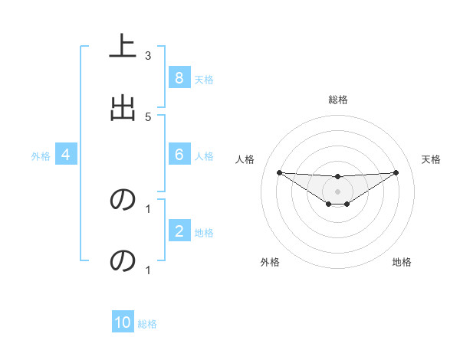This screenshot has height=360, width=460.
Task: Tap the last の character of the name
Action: click(x=123, y=260)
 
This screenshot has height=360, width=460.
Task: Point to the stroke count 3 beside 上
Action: click(x=148, y=56)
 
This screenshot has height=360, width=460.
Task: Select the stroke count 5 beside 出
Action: click(x=148, y=116)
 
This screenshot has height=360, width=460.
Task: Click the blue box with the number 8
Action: click(x=179, y=78)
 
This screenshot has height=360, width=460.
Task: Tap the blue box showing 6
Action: click(x=179, y=155)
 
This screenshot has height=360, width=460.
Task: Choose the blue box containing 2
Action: click(x=179, y=231)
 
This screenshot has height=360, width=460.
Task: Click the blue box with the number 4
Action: click(x=65, y=155)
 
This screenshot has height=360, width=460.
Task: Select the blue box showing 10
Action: click(x=123, y=322)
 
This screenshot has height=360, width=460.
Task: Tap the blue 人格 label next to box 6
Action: click(x=203, y=156)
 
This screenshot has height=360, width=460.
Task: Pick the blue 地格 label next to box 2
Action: click(x=203, y=233)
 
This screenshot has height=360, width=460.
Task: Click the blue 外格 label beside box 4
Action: click(x=41, y=156)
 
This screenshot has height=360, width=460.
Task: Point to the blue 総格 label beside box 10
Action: click(x=147, y=324)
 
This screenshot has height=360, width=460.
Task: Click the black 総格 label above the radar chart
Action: click(x=337, y=100)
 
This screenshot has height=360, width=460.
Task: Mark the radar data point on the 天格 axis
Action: click(x=396, y=172)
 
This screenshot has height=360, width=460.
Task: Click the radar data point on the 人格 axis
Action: click(x=279, y=172)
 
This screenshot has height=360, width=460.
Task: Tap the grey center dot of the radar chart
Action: click(x=337, y=191)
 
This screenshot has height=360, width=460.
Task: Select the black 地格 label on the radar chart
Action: click(x=402, y=262)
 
